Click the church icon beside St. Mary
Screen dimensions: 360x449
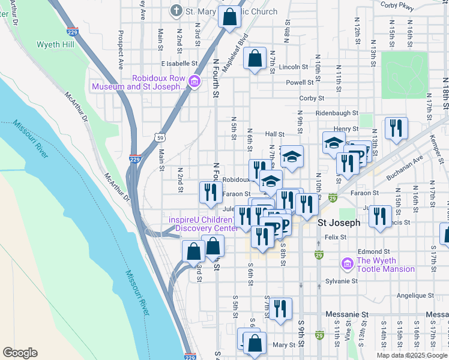pos(176,11)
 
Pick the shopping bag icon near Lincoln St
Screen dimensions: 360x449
pos(255,59)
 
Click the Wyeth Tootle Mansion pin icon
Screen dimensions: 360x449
pos(347,264)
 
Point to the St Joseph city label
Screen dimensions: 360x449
pos(339,223)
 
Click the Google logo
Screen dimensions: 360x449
pos(20,353)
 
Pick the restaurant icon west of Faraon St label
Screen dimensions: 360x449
pos(209,192)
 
